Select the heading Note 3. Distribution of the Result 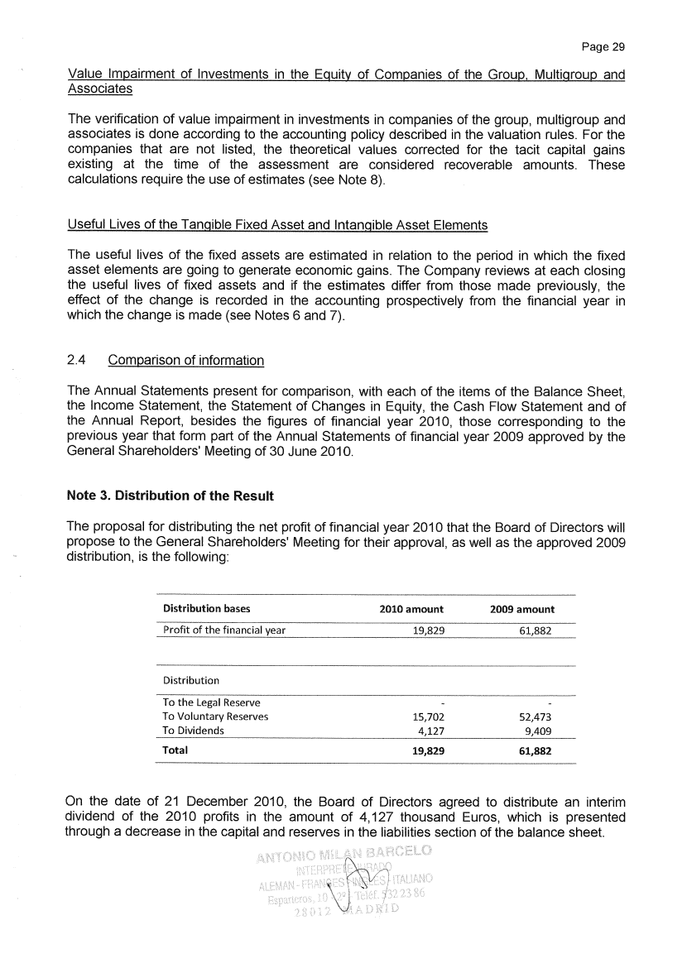pyautogui.click(x=170, y=496)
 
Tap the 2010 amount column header pyautogui.click(x=411, y=610)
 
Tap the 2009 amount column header pyautogui.click(x=521, y=610)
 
